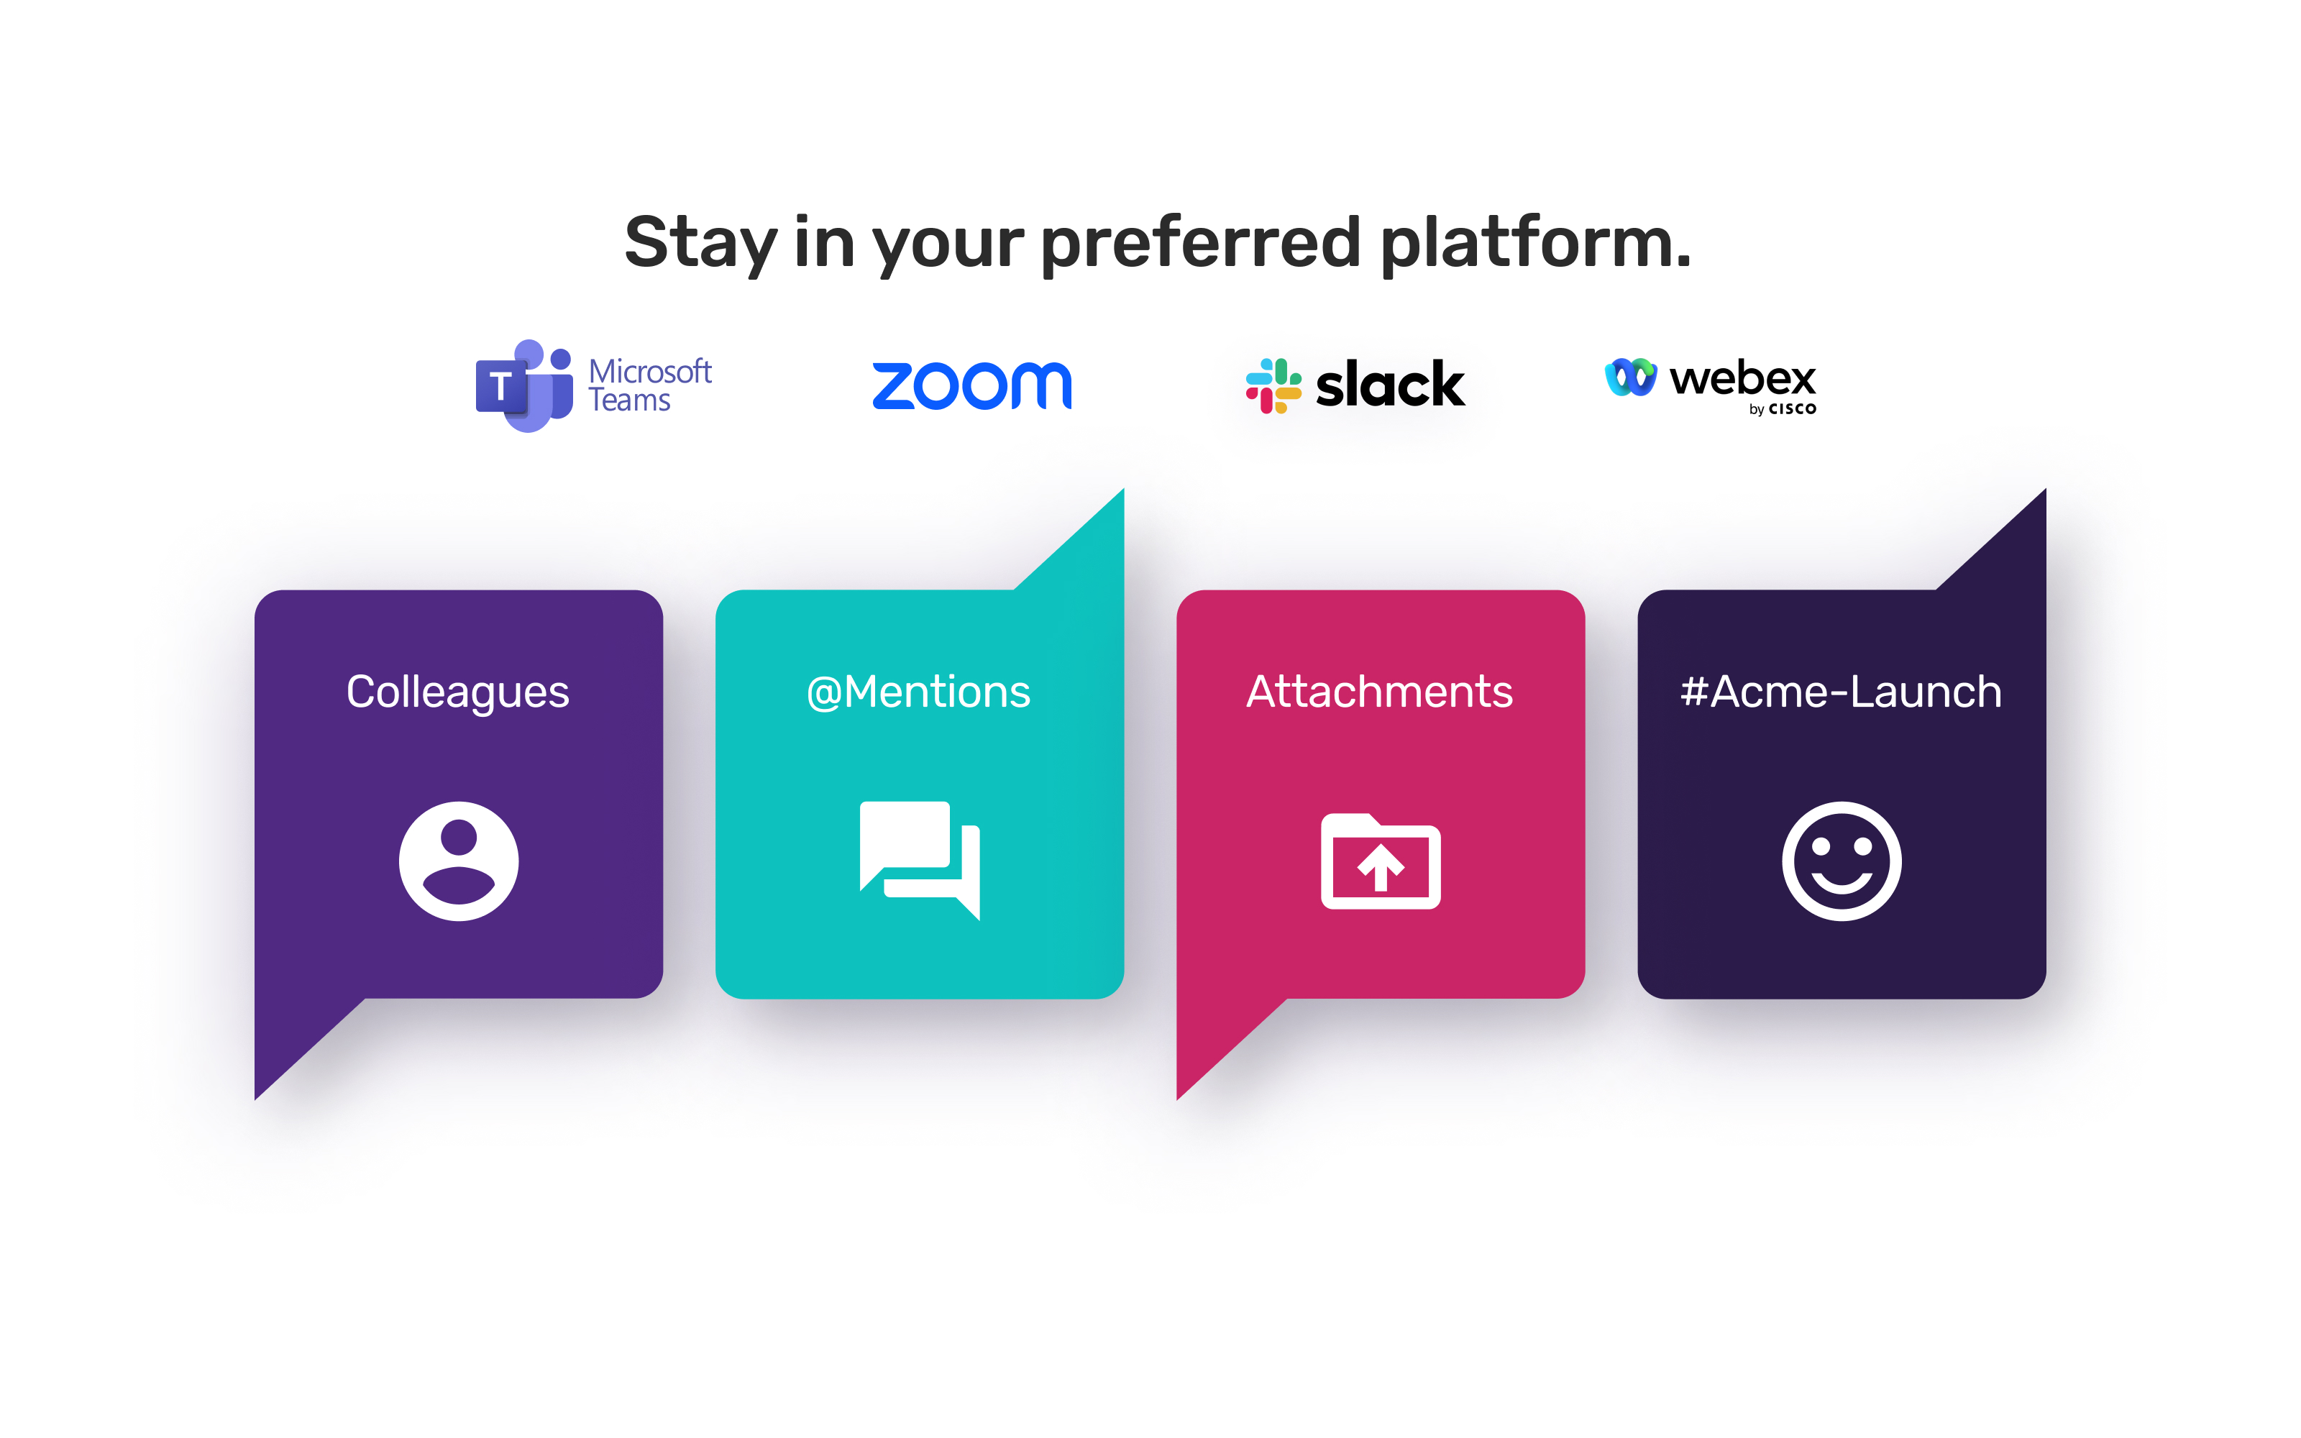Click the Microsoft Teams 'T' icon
[502, 387]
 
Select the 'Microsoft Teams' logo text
[649, 385]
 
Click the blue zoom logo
[971, 385]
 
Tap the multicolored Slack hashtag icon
[1273, 385]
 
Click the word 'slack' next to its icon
[1389, 385]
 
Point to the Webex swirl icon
[1629, 377]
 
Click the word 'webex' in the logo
[1742, 377]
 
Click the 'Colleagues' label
[457, 692]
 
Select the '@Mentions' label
[918, 692]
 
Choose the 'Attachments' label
[1380, 692]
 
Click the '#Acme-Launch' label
[1841, 692]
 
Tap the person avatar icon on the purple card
[458, 861]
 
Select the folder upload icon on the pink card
[1381, 861]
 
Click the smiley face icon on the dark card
[1842, 861]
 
